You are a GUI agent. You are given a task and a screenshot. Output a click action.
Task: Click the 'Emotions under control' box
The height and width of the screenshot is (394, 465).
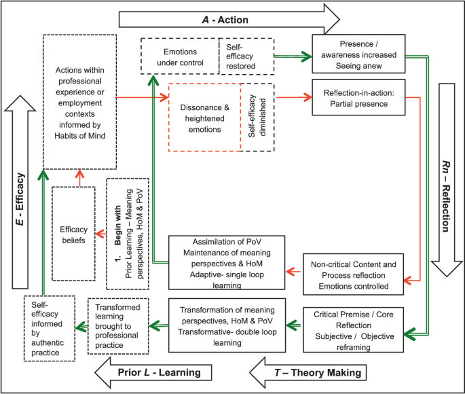coord(181,56)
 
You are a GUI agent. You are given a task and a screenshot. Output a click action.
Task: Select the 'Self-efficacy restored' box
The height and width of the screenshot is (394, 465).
coord(246,56)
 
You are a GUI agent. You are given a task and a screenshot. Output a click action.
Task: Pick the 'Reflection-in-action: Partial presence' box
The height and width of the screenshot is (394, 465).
coord(358,98)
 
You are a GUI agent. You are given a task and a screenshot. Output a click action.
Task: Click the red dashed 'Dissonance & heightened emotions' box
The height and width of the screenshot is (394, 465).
coord(204,116)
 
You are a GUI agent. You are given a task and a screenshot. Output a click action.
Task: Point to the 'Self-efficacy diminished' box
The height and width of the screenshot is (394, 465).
coord(257,116)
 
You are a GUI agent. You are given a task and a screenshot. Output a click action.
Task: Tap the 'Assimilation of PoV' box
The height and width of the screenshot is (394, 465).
coord(226,263)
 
